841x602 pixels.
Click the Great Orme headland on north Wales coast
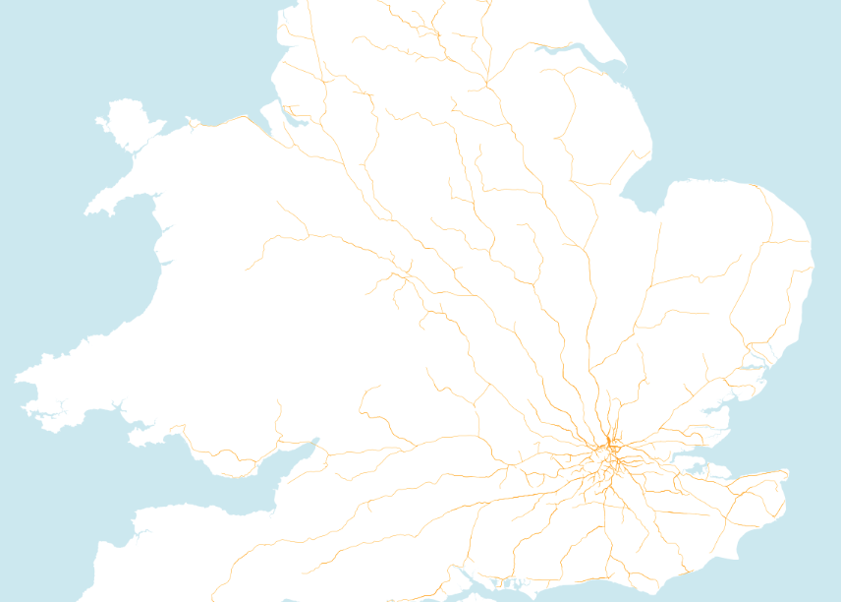pos(190,120)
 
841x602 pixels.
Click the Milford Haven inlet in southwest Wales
pos(49,406)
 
